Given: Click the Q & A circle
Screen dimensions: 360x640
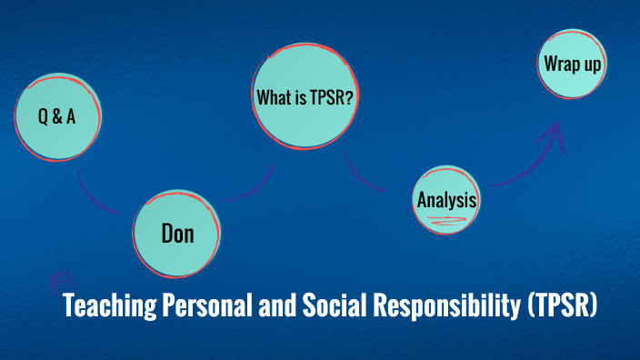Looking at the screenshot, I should pyautogui.click(x=56, y=116).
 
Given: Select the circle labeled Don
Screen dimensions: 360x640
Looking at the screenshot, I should pyautogui.click(x=177, y=234).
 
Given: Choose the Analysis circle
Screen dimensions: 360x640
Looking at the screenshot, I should pyautogui.click(x=445, y=199).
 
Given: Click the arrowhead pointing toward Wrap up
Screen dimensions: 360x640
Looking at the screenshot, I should pyautogui.click(x=550, y=136).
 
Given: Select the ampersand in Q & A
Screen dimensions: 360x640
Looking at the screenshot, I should pyautogui.click(x=56, y=116).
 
